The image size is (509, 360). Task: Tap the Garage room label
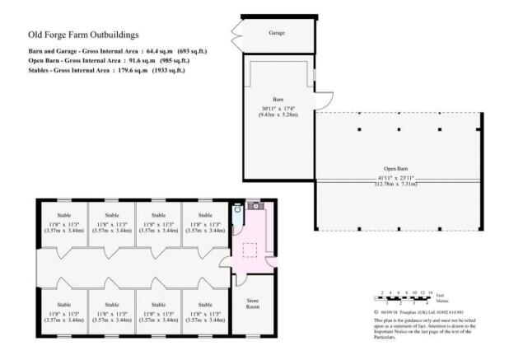point(277,34)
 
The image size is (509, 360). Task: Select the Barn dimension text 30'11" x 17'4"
point(277,110)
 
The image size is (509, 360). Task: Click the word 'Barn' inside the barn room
point(278,97)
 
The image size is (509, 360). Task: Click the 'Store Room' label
point(253,304)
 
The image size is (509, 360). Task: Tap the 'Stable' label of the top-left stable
point(65,216)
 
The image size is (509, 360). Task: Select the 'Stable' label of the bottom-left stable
point(65,305)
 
